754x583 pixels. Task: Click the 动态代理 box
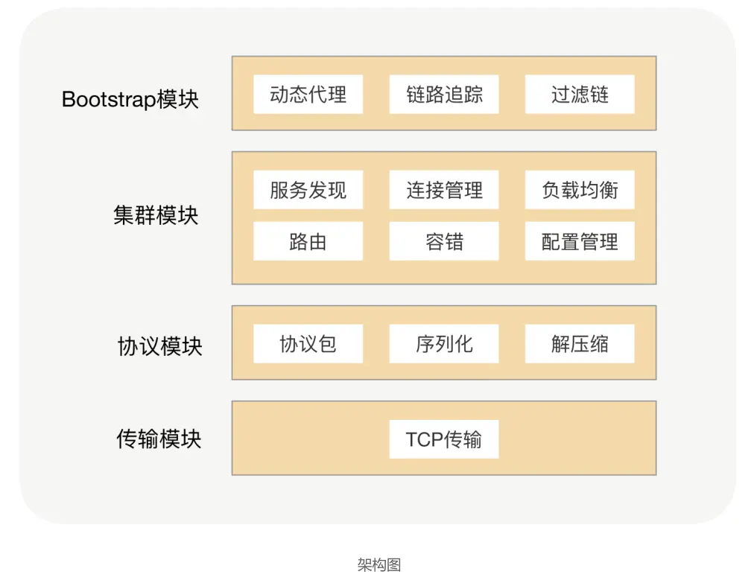(x=308, y=95)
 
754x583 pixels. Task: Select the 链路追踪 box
(x=444, y=95)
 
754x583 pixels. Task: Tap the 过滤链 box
(x=580, y=95)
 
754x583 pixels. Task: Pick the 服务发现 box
(x=308, y=190)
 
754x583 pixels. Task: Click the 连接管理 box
(x=444, y=190)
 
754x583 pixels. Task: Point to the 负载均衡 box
(x=580, y=190)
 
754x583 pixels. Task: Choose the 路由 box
(x=308, y=241)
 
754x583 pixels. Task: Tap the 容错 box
(x=444, y=241)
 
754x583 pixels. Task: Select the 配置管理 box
(x=580, y=241)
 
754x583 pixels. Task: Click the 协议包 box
(x=308, y=344)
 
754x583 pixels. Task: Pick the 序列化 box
(x=444, y=344)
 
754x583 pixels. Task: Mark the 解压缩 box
(x=580, y=344)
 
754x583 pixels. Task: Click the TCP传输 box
(x=444, y=439)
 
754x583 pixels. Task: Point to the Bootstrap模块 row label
(x=130, y=100)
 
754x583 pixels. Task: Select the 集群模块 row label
(x=156, y=215)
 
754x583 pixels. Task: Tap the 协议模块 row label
(x=159, y=346)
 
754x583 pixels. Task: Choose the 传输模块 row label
(x=159, y=439)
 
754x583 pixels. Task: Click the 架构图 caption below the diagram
(x=379, y=564)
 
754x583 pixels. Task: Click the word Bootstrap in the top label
(x=110, y=100)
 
